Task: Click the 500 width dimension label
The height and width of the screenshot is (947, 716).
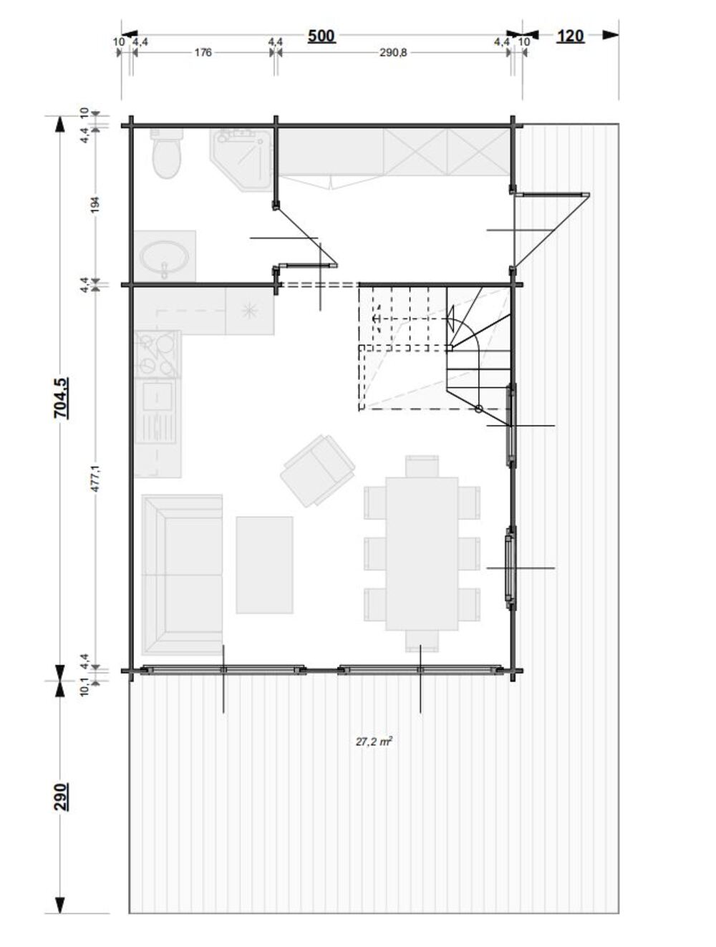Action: point(321,36)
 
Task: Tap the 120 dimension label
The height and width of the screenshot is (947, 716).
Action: point(570,36)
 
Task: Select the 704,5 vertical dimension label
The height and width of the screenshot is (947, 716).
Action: point(61,397)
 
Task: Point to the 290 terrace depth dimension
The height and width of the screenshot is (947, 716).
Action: point(61,797)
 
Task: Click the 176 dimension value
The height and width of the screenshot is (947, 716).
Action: point(203,53)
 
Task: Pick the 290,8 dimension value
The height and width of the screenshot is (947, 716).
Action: point(393,53)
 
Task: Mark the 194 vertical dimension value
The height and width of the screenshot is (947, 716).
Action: point(95,205)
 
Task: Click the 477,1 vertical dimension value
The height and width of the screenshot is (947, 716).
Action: point(95,478)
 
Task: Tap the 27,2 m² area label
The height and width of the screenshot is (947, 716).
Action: point(374,741)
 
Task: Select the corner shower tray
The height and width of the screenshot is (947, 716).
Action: point(241,159)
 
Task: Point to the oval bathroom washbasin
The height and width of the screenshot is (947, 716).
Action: point(165,256)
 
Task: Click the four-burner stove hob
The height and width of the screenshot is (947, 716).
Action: point(157,354)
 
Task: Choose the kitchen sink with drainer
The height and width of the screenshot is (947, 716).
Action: point(156,411)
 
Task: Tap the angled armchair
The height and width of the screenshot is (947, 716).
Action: point(317,470)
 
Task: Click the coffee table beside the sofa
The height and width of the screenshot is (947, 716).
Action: point(264,565)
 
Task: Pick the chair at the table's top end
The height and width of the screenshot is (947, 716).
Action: point(422,466)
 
